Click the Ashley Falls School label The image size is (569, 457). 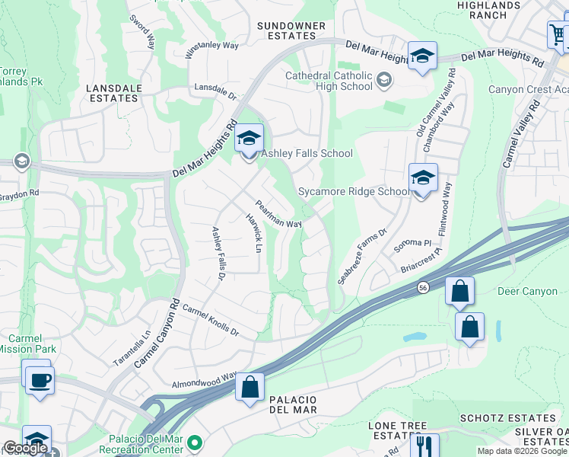pyautogui.click(x=307, y=154)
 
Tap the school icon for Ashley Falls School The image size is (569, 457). pyautogui.click(x=249, y=139)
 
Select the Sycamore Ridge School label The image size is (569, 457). pyautogui.click(x=354, y=192)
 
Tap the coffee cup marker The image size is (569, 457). pyautogui.click(x=39, y=379)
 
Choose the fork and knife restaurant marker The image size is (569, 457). pyautogui.click(x=424, y=446)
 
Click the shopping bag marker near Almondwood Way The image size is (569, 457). pyautogui.click(x=250, y=388)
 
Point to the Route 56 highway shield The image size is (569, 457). pyautogui.click(x=423, y=287)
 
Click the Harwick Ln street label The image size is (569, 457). pyautogui.click(x=253, y=237)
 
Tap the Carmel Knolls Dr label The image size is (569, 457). pyautogui.click(x=211, y=322)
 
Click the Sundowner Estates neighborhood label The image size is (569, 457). pyautogui.click(x=291, y=30)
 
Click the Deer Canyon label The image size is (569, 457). pyautogui.click(x=527, y=292)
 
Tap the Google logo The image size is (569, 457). pyautogui.click(x=25, y=448)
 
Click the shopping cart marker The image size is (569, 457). pyautogui.click(x=558, y=34)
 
